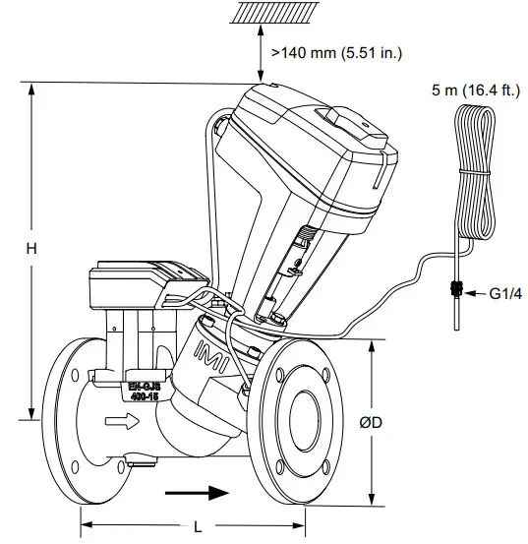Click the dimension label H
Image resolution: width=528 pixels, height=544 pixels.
tap(30, 250)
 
